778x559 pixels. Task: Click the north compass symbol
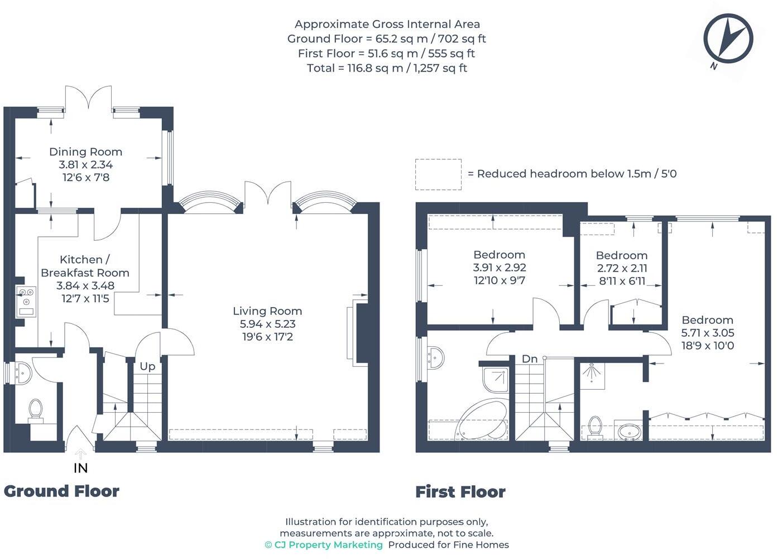pos(728,39)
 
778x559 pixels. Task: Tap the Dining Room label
pos(86,151)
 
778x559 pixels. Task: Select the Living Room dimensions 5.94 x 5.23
pos(267,324)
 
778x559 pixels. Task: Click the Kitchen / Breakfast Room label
pos(85,266)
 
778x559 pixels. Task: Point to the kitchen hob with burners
pos(26,302)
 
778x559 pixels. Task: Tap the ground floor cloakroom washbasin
pos(23,373)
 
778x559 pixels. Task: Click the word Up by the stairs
pos(147,366)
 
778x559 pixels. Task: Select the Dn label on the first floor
pos(529,359)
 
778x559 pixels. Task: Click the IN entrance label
pos(80,469)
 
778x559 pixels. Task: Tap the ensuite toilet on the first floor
pos(595,426)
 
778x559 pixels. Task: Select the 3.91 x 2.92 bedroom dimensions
pos(500,267)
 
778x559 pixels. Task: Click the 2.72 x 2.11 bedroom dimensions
pos(622,268)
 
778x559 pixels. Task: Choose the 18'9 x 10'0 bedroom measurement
pos(708,346)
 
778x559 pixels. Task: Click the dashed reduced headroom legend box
pos(438,175)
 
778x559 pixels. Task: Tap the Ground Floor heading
pos(61,491)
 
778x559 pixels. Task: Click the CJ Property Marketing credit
pos(324,544)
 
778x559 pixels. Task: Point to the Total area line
pos(387,68)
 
